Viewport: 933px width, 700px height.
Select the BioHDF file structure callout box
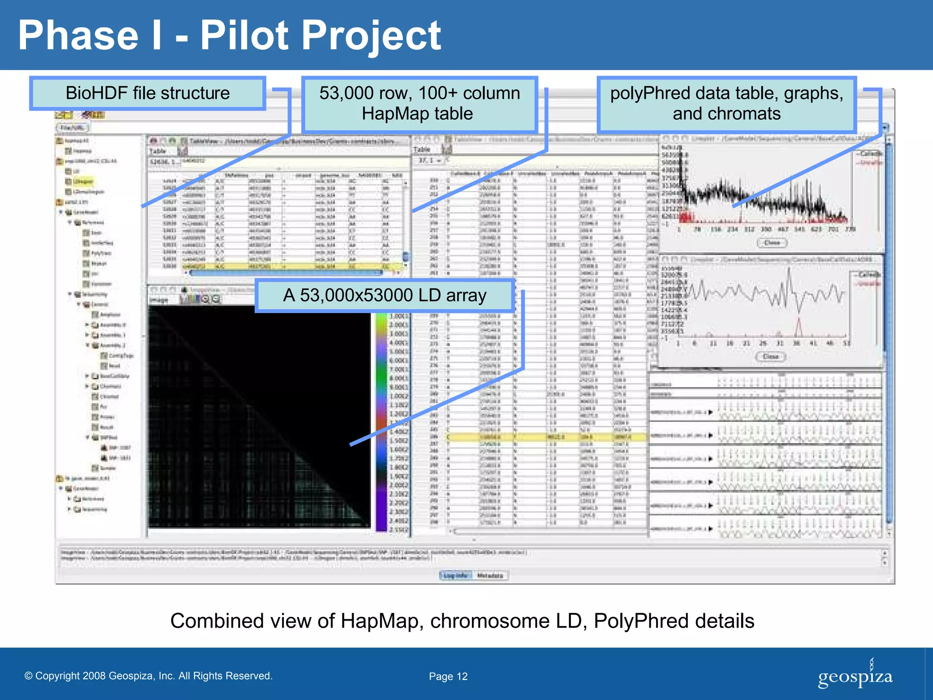(148, 93)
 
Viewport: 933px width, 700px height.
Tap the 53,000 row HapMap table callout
(419, 104)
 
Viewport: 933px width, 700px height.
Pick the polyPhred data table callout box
(727, 104)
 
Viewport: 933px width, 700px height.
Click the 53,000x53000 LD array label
(385, 295)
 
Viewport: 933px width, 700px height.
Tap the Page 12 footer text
(448, 676)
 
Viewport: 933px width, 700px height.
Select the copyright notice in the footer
(148, 676)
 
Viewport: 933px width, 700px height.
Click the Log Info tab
(456, 576)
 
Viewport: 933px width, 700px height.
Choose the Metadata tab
(490, 576)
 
